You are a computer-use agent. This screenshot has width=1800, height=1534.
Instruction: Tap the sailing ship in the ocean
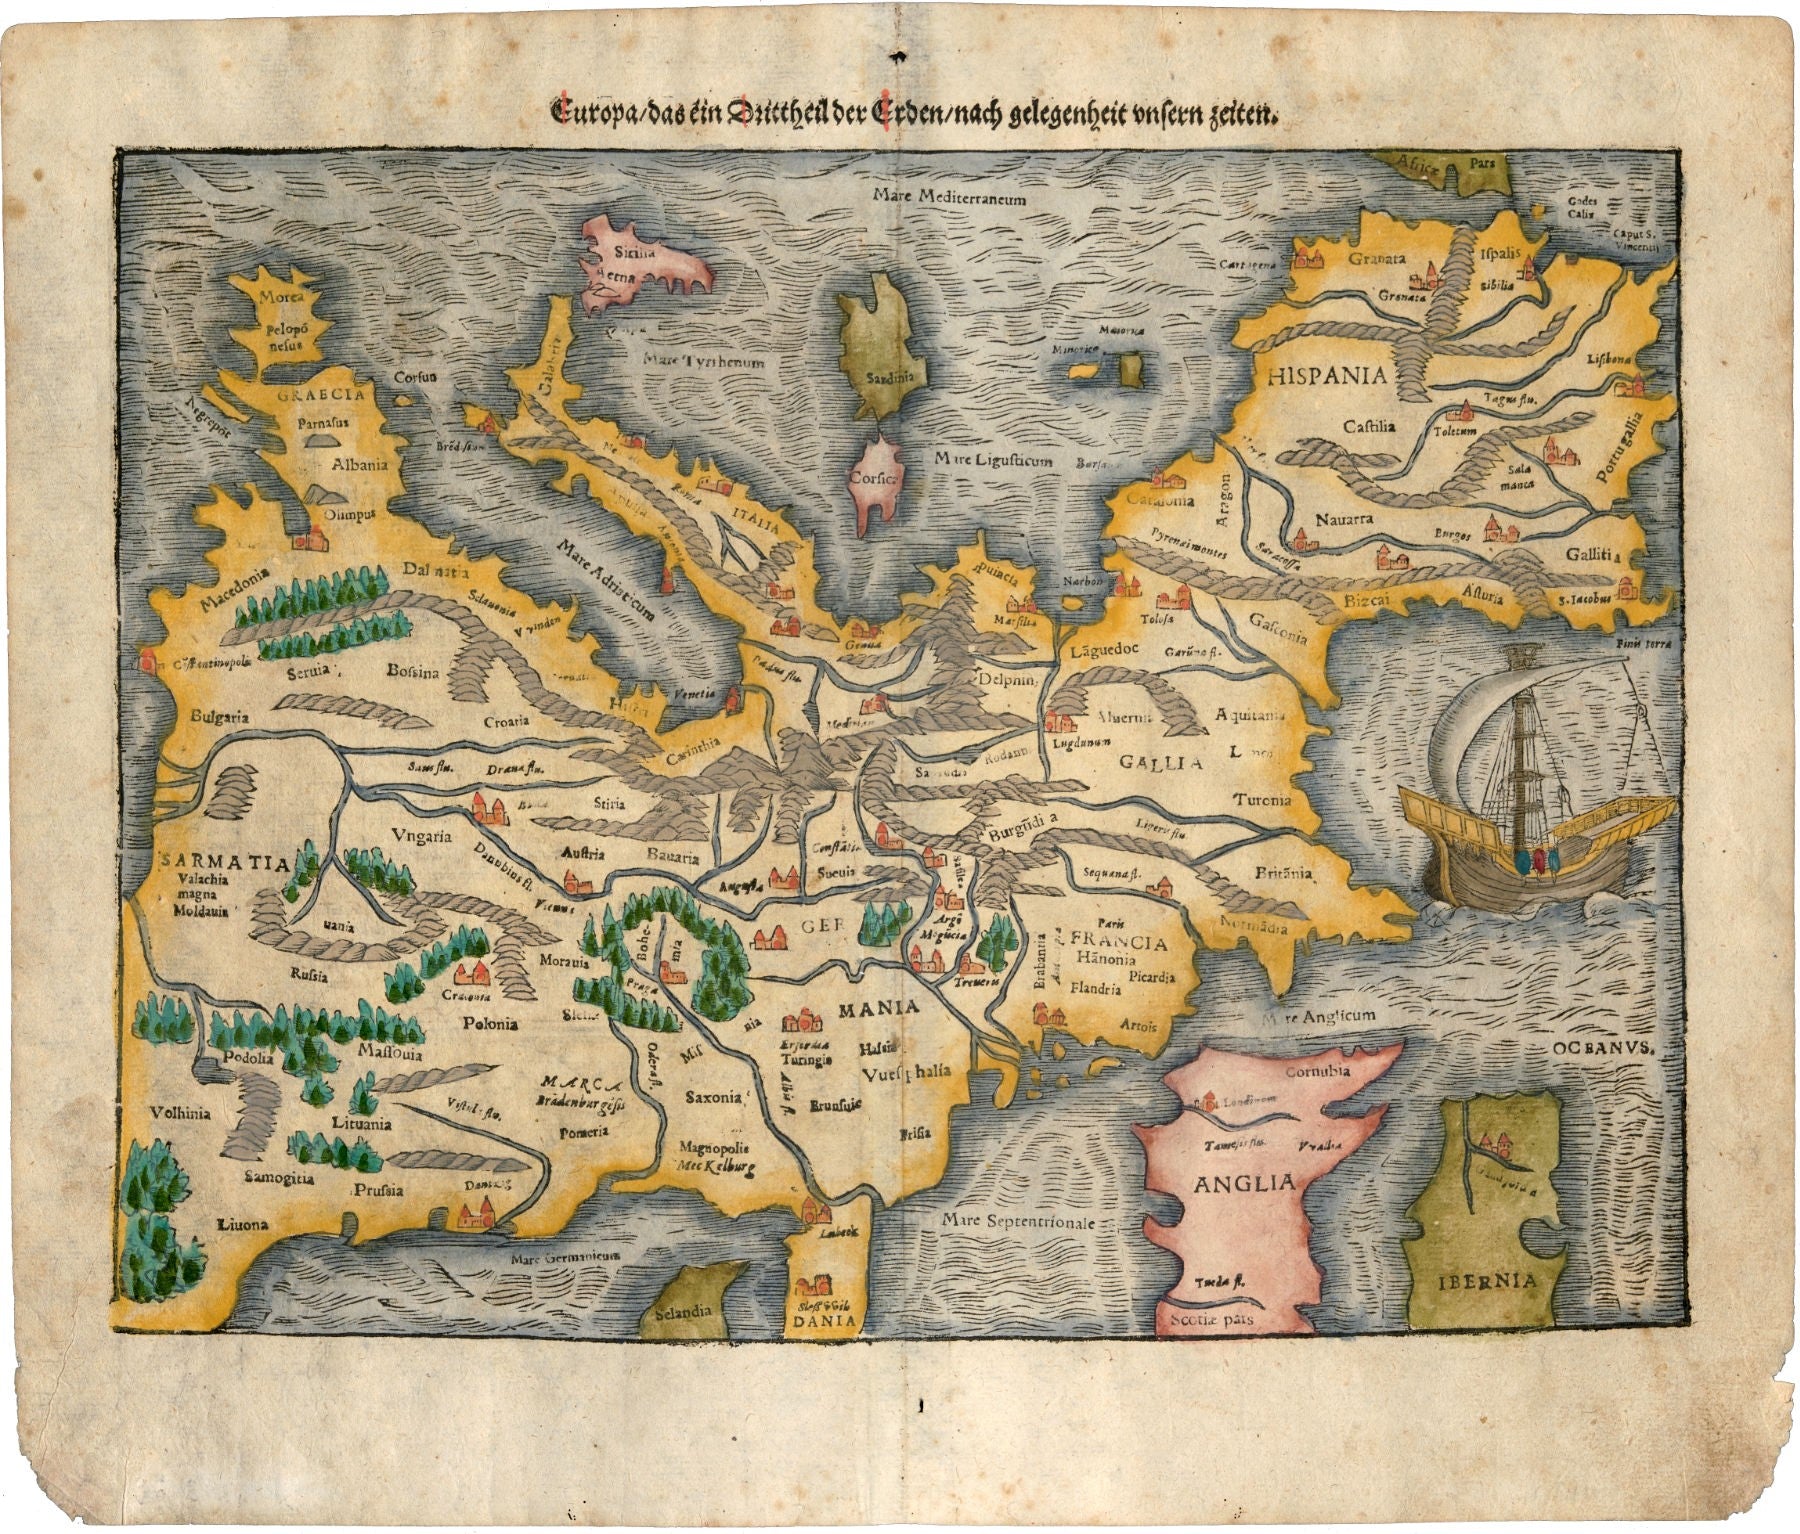pyautogui.click(x=1530, y=780)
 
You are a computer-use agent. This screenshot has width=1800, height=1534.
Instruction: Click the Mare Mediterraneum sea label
pyautogui.click(x=948, y=198)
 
